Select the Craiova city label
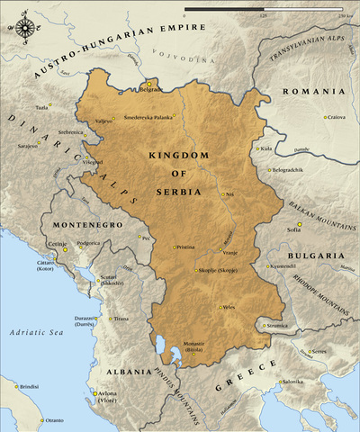point(337,117)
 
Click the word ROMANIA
point(313,92)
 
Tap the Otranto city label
point(55,420)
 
